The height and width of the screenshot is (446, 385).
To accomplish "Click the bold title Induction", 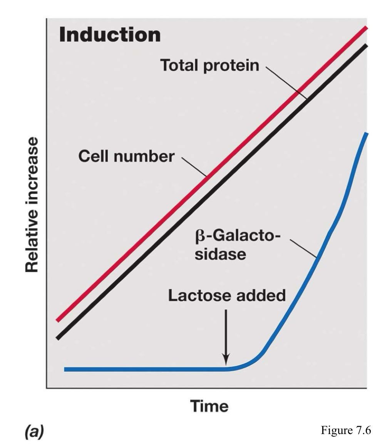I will tap(110, 35).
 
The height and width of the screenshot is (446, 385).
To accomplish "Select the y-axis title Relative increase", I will tap(32, 205).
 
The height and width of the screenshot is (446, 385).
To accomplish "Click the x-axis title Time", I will tap(209, 406).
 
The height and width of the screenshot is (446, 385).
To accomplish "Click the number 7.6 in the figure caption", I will tap(362, 430).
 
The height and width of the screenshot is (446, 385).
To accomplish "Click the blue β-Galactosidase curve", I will tap(146, 369).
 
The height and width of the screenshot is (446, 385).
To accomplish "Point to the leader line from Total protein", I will tap(285, 83).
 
